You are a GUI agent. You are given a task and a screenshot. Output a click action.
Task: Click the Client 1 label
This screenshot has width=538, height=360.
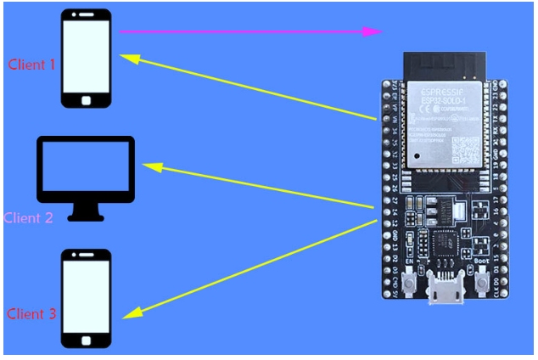coord(31,64)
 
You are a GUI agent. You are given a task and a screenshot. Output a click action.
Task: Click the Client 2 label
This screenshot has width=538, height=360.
coord(28,217)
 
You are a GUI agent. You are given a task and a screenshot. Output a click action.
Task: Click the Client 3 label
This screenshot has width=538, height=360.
coord(31,314)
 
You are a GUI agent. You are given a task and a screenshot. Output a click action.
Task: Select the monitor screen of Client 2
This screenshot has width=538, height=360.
coord(86,170)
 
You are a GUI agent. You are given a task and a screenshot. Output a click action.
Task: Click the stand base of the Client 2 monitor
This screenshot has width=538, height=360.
coord(86,215)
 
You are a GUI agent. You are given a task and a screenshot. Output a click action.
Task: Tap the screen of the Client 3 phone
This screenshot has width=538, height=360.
coord(86,296)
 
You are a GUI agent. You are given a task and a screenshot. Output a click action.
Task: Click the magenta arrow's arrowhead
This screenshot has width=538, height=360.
coord(373,31)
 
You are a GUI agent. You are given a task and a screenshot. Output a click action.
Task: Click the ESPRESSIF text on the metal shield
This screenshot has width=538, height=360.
coord(439,87)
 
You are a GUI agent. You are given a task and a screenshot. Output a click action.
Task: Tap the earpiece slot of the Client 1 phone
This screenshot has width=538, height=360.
coord(86,17)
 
